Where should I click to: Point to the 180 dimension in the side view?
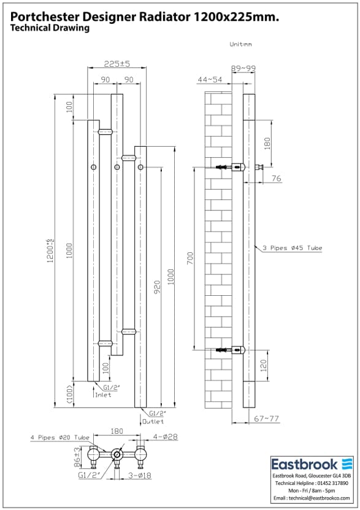(266, 142)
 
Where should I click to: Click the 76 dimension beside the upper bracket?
(276, 178)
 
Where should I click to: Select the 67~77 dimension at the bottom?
(267, 419)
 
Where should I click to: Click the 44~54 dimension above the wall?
(210, 79)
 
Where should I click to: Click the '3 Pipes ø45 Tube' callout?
(292, 248)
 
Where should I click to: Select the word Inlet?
(103, 395)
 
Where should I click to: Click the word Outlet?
(153, 422)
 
